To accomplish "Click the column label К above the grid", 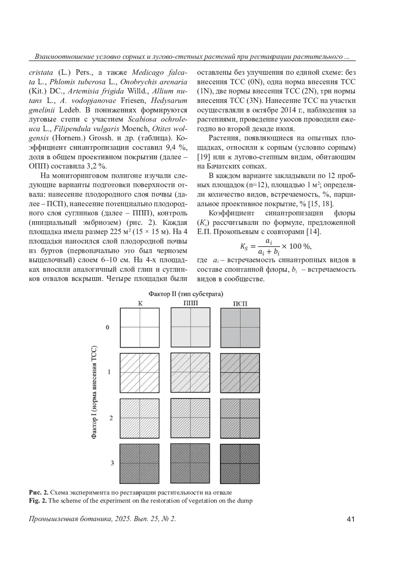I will pos(140,303).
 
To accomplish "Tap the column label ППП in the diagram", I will pos(191,303).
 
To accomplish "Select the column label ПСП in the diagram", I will pos(240,303).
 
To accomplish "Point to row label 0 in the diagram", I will pos(108,327).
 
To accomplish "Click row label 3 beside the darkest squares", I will pos(112,463).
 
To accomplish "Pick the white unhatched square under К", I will pos(140,328).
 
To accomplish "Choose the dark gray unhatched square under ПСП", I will pos(240,328).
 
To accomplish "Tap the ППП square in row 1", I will pos(191,372).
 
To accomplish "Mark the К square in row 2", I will pos(140,418).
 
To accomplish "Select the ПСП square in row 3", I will pos(240,463).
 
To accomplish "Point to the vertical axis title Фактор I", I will pos(95,392).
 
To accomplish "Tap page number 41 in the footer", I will pos(350,519).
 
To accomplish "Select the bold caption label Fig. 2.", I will pos(38,501).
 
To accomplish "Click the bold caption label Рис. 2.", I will pos(39,492).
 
